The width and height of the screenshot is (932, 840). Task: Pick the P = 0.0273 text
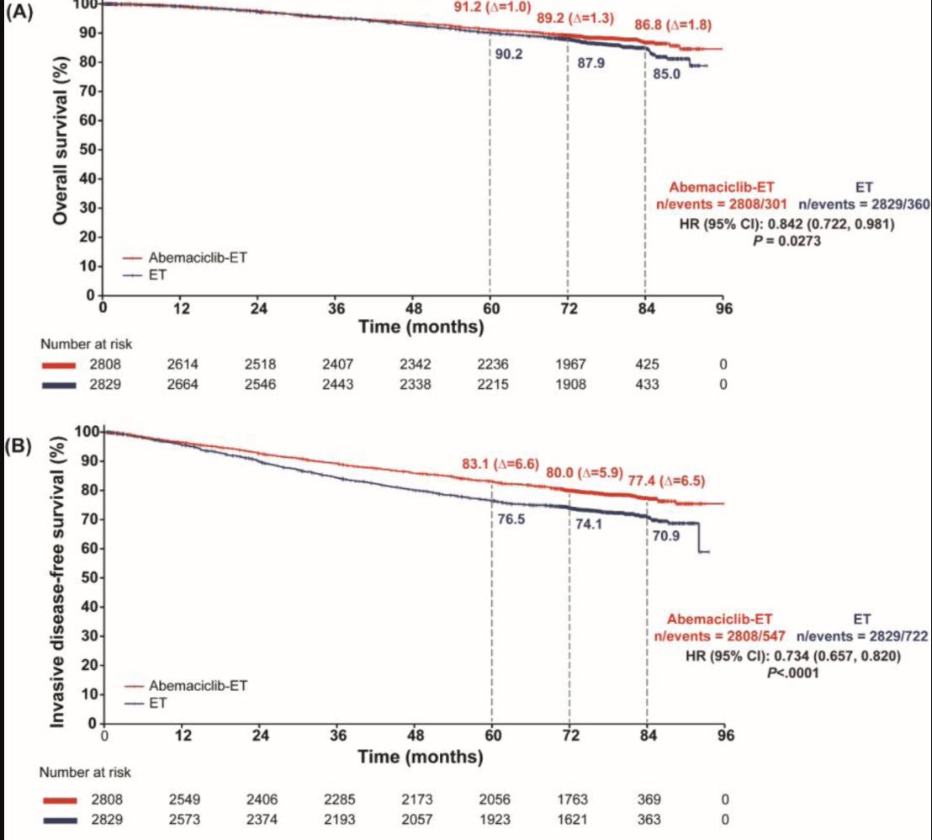[786, 241]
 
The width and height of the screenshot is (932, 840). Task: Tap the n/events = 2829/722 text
[862, 637]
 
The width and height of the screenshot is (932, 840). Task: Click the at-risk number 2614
[181, 364]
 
